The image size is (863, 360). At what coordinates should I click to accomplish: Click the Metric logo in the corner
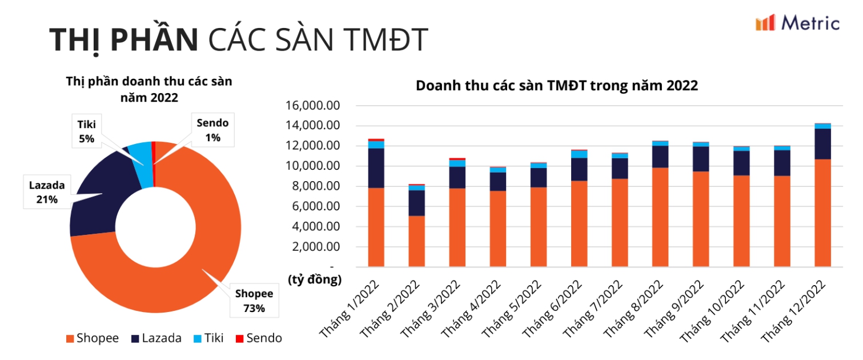click(797, 23)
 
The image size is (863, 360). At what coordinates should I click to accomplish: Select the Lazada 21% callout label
click(47, 192)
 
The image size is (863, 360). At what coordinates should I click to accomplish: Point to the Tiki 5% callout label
click(87, 131)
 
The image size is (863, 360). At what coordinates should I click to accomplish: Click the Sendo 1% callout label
click(212, 130)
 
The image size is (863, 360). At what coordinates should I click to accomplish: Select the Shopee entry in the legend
click(93, 338)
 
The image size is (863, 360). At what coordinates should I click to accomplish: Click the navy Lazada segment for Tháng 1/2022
click(376, 168)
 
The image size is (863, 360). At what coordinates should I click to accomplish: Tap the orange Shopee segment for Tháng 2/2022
click(416, 241)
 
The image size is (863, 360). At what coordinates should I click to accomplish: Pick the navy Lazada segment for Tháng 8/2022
click(660, 157)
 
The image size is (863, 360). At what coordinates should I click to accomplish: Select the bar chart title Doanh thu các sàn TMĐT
click(556, 86)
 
